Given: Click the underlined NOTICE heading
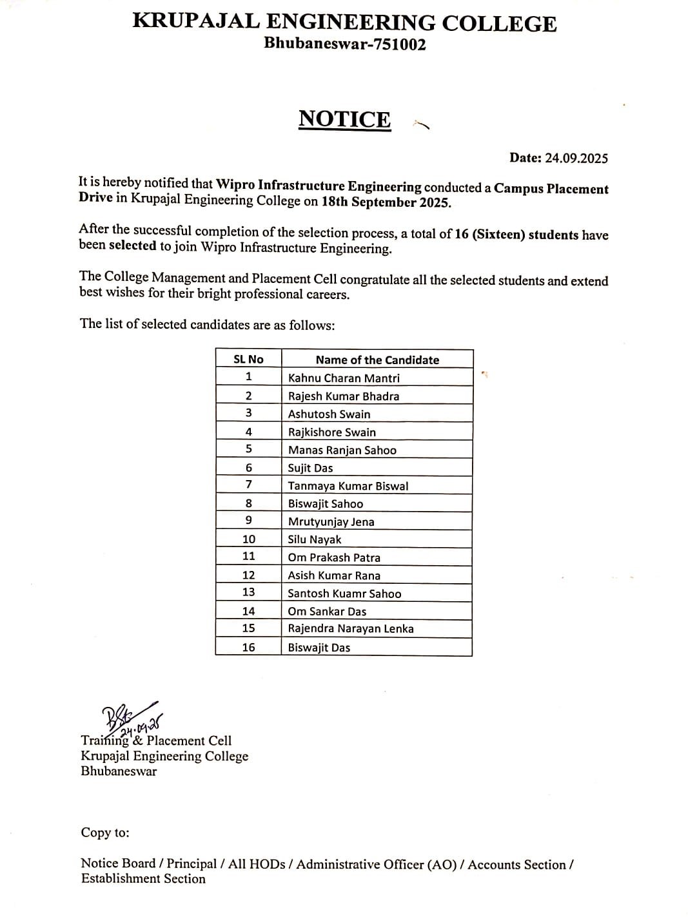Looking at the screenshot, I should (344, 119).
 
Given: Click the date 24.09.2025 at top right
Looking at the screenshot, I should (576, 158).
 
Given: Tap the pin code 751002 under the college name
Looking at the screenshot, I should (396, 44).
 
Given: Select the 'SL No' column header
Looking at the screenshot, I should (248, 360).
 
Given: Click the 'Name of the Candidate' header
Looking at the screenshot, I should (377, 360).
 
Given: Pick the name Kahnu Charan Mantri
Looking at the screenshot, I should (344, 378).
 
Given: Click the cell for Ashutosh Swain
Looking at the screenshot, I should (329, 414).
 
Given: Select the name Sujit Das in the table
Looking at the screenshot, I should (310, 468).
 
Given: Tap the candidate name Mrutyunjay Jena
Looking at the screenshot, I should (331, 522).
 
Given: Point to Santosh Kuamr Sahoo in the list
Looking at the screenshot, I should (344, 594).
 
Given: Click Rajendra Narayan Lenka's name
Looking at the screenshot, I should (351, 628).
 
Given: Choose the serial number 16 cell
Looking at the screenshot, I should (248, 647).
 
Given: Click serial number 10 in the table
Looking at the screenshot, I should (248, 539).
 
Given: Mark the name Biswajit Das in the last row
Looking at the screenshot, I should (319, 647).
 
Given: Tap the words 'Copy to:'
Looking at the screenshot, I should (105, 833).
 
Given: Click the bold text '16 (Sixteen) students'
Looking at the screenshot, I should (516, 234).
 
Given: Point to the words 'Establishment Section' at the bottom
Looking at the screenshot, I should (143, 879).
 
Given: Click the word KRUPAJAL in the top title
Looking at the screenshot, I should (196, 23).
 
